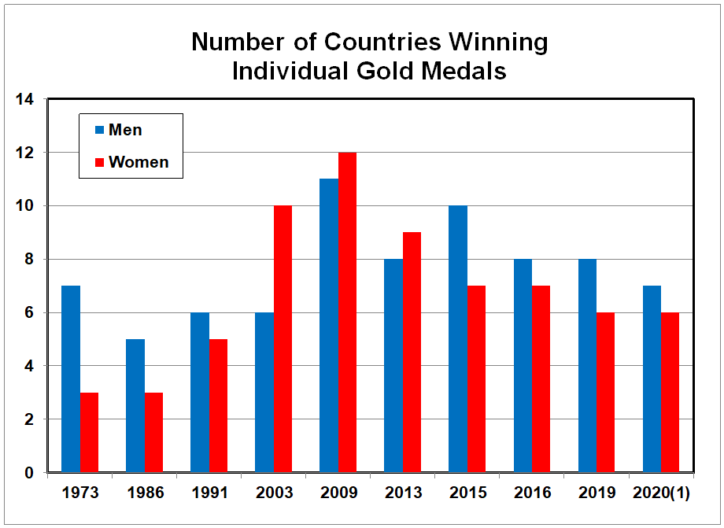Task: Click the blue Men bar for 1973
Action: click(x=71, y=379)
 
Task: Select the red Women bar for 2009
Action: click(x=347, y=312)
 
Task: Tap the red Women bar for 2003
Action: click(x=283, y=339)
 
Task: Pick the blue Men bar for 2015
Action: click(x=458, y=339)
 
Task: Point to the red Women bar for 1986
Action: click(x=153, y=433)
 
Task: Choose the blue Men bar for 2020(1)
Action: click(x=652, y=379)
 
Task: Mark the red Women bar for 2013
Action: click(x=412, y=353)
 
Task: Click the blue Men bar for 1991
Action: click(x=200, y=393)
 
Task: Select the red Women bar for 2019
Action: click(x=605, y=393)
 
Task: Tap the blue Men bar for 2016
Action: click(x=523, y=366)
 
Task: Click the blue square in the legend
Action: click(x=100, y=130)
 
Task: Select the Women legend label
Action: click(x=139, y=162)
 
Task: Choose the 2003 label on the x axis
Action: click(x=274, y=493)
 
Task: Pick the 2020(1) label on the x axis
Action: click(x=662, y=493)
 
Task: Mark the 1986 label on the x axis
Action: click(x=145, y=493)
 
